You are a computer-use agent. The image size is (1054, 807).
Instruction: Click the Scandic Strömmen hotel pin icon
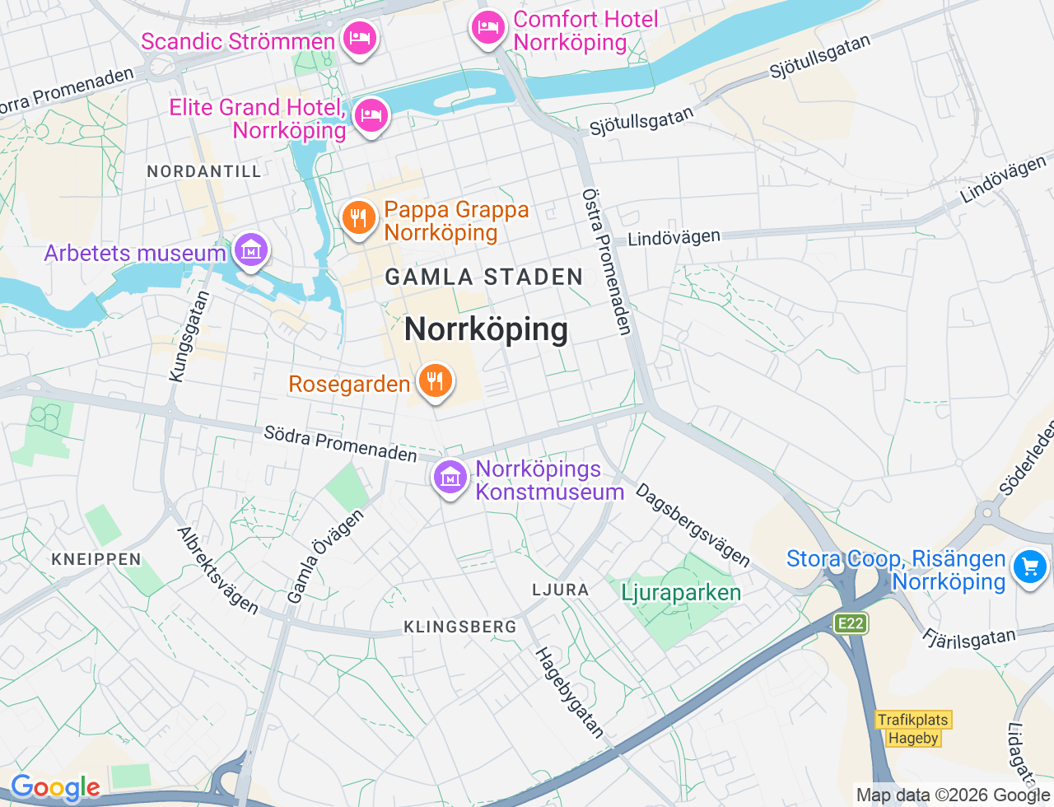click(359, 38)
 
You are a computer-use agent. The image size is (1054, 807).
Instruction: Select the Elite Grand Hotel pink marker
click(371, 115)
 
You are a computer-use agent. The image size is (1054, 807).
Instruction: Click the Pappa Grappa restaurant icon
click(358, 218)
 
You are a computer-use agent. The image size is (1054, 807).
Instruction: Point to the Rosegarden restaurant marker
click(435, 381)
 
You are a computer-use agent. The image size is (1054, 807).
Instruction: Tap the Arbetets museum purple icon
click(250, 250)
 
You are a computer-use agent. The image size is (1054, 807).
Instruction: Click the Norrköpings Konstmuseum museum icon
click(450, 477)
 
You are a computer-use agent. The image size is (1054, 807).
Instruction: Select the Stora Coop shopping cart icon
click(1029, 567)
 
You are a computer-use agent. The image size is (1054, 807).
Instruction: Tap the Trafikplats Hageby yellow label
click(912, 729)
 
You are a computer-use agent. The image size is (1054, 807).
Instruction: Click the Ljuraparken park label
click(681, 593)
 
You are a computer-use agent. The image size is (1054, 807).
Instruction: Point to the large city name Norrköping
click(486, 329)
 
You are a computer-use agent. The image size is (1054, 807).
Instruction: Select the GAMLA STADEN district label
click(484, 278)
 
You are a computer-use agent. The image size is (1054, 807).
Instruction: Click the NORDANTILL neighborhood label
click(204, 171)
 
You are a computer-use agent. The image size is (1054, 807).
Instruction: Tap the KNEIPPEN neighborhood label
click(96, 559)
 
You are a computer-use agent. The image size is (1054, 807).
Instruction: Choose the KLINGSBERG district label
click(460, 627)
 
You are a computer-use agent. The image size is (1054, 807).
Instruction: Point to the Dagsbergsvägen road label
click(693, 525)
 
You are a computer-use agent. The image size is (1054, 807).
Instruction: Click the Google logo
click(55, 788)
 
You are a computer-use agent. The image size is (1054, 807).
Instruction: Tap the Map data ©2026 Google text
click(953, 795)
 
